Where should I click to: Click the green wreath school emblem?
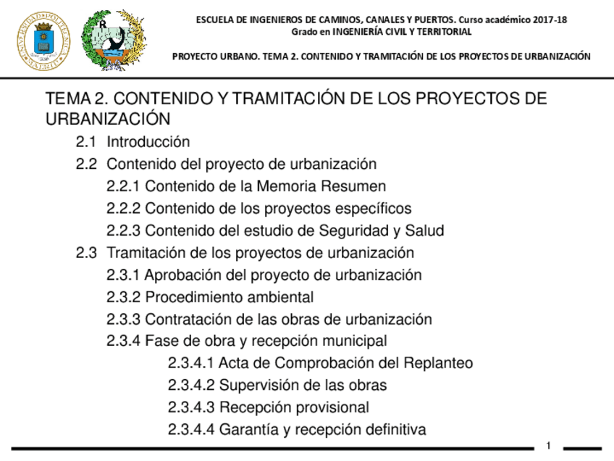[113, 40]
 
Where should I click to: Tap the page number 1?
[548, 445]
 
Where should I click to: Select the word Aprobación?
[184, 275]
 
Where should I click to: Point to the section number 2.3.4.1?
[190, 363]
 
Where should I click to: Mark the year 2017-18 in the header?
[548, 20]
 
